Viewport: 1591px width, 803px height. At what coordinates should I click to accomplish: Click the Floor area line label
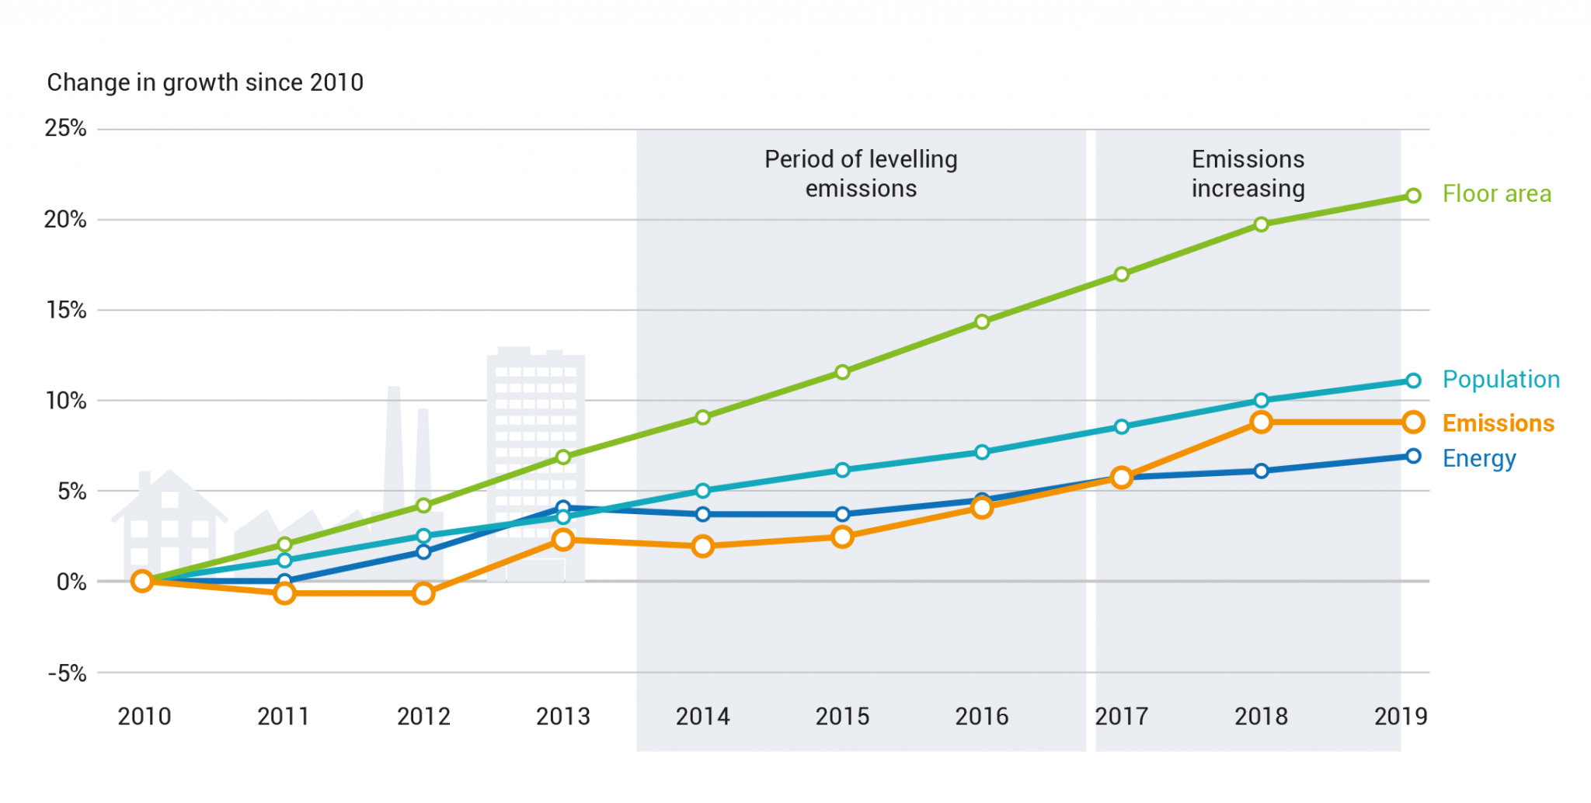[1496, 194]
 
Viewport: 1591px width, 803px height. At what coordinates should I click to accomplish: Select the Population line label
[1501, 380]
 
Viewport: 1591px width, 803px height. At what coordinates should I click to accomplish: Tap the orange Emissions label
[1498, 423]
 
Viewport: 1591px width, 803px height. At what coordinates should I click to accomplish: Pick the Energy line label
[1478, 459]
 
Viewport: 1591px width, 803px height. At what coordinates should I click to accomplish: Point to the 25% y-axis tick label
[65, 128]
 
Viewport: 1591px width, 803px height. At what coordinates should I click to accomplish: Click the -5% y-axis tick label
[67, 673]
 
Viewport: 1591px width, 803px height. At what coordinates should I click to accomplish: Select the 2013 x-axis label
[563, 716]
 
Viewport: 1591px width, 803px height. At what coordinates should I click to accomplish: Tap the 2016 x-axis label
[982, 716]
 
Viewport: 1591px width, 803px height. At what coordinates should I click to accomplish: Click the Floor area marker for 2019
[1413, 196]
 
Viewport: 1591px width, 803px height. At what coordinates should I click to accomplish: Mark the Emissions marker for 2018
[1261, 422]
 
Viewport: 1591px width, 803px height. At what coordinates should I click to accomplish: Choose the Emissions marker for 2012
[423, 594]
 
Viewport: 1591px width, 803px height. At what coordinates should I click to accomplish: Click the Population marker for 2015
[842, 470]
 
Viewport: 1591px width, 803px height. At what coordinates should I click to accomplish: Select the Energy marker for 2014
[702, 514]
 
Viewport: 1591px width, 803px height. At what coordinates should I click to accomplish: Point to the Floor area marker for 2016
[982, 322]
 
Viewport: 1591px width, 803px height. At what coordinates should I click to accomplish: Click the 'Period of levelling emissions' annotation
[861, 174]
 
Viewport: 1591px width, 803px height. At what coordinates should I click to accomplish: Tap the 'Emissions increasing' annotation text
[1248, 174]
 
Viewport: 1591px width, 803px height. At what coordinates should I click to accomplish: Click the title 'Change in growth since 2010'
[205, 82]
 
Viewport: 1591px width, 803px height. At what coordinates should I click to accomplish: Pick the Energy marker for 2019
[1413, 457]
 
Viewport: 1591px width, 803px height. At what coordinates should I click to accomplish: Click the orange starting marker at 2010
[142, 581]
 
